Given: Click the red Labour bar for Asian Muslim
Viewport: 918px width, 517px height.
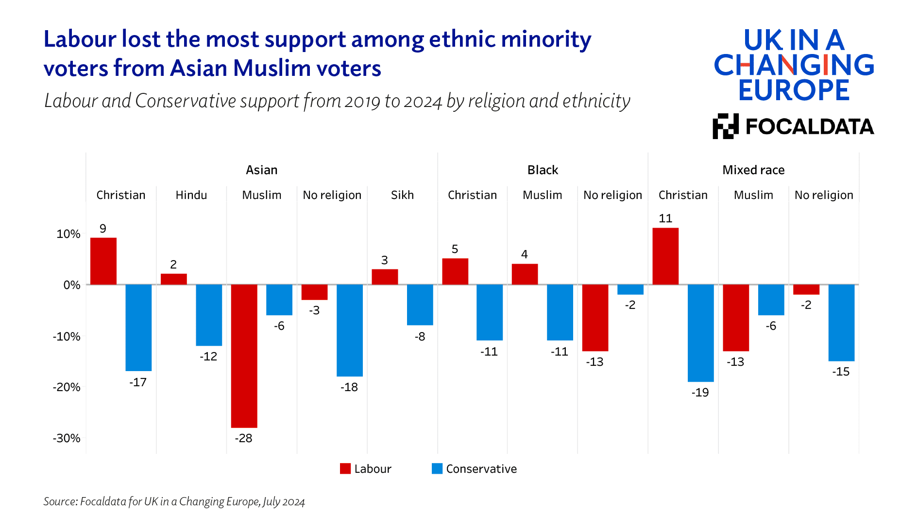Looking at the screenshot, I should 244,356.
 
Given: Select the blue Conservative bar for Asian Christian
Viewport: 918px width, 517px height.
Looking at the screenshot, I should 138,327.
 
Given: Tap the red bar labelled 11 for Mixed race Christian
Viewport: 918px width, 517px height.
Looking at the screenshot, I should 665,256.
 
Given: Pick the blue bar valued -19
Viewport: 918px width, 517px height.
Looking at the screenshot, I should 700,333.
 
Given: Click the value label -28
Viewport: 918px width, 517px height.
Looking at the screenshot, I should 243,438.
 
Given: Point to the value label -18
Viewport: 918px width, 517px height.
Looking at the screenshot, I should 349,387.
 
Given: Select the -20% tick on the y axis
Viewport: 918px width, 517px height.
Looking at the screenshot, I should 67,387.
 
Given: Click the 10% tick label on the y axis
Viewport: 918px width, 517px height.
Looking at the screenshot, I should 68,234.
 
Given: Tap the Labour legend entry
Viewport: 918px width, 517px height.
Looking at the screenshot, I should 366,469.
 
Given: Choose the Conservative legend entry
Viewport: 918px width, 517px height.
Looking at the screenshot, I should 474,469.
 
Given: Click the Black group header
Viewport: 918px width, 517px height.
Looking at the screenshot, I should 543,170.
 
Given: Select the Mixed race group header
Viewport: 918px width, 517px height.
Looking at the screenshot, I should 753,170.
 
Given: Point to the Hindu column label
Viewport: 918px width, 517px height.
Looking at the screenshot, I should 191,195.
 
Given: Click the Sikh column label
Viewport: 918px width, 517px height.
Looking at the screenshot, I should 402,195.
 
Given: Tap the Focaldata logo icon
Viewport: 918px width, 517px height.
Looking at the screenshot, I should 726,126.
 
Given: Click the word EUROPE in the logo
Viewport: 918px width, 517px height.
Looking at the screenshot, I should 794,90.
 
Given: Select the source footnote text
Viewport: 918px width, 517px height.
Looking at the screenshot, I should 174,501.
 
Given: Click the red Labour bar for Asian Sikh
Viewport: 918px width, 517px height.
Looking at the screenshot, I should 385,277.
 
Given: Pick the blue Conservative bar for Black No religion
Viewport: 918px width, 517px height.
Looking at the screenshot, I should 630,289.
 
